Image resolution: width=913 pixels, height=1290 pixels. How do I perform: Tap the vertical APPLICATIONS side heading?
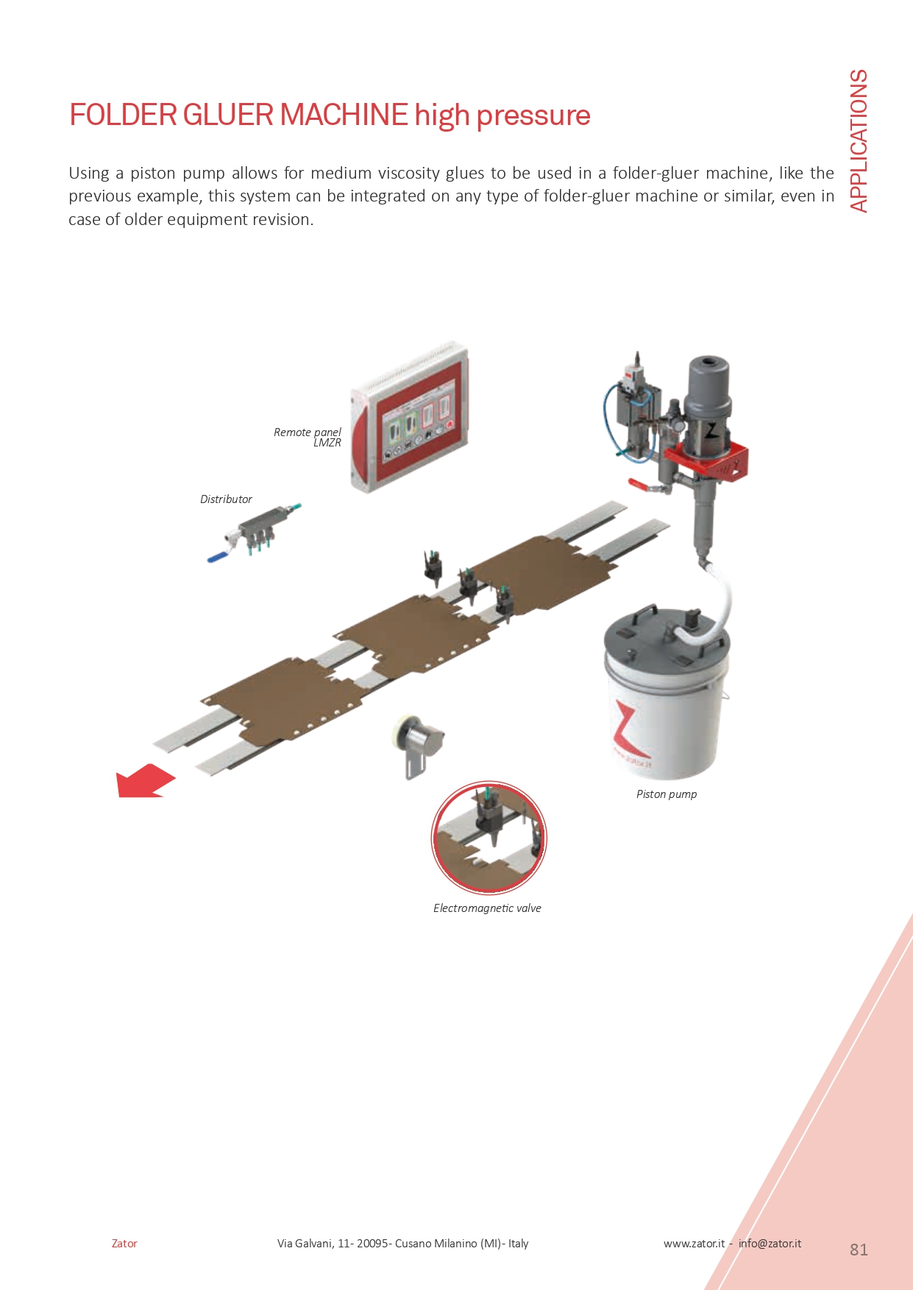click(859, 141)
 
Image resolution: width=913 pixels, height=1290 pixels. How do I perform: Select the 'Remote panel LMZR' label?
click(308, 437)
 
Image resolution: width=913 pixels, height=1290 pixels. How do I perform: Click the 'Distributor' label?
click(226, 499)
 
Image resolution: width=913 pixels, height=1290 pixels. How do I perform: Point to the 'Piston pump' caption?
click(667, 794)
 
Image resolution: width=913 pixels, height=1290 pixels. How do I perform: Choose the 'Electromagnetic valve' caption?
click(487, 908)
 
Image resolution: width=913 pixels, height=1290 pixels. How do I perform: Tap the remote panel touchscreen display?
click(416, 427)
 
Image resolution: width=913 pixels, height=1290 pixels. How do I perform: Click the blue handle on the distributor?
click(218, 558)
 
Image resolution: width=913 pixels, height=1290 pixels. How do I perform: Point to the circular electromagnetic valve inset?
click(489, 838)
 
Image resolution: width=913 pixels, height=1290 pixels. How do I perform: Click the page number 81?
click(859, 1250)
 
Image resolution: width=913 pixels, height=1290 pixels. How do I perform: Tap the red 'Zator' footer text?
click(124, 1244)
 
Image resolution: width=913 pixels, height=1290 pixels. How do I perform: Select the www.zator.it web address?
click(694, 1244)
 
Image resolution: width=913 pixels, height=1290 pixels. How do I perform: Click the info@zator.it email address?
click(770, 1244)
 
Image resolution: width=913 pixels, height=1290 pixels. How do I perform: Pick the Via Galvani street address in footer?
click(402, 1244)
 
